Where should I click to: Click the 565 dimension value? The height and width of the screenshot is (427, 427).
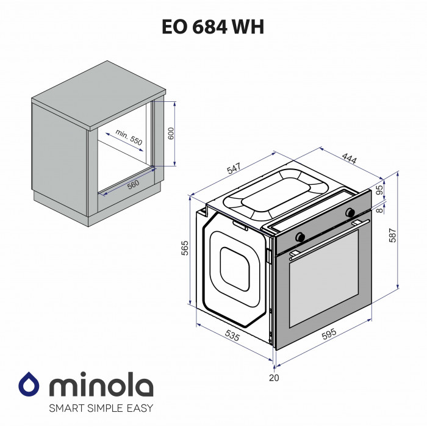[x=185, y=248]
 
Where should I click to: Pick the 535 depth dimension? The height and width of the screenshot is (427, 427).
[x=232, y=335]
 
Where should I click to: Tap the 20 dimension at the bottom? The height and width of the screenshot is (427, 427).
[x=274, y=378]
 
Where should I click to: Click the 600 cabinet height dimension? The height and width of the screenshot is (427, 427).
[x=171, y=133]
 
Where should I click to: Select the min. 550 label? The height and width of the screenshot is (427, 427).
[x=129, y=137]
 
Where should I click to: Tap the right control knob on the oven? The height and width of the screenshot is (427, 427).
[x=350, y=213]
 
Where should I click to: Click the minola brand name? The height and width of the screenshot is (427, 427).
[x=100, y=386]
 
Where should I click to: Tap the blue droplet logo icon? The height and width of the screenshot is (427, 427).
[x=29, y=384]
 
